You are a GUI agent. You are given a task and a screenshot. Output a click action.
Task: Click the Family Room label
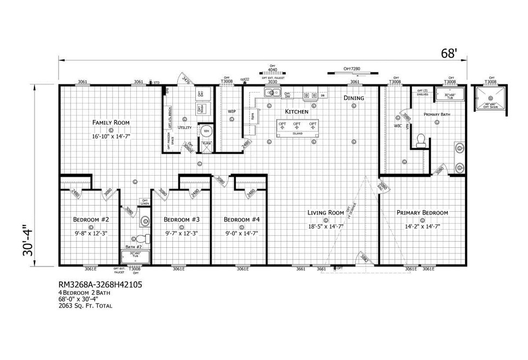[111, 123]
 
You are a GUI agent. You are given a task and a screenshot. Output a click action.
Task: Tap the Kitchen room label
[297, 112]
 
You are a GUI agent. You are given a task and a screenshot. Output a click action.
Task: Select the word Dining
[353, 98]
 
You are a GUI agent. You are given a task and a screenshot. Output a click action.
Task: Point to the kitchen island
[298, 127]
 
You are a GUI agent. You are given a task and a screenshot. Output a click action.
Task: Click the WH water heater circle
[207, 131]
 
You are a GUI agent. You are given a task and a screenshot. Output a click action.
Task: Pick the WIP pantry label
[231, 112]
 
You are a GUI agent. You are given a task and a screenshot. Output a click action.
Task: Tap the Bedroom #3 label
[181, 219]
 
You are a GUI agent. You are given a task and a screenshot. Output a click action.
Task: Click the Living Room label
[326, 213]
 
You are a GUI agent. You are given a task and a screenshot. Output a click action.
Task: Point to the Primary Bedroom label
[422, 213]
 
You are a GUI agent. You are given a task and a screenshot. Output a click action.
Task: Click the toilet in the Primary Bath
[421, 141]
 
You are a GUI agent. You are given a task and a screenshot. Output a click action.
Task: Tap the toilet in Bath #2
[141, 239]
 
